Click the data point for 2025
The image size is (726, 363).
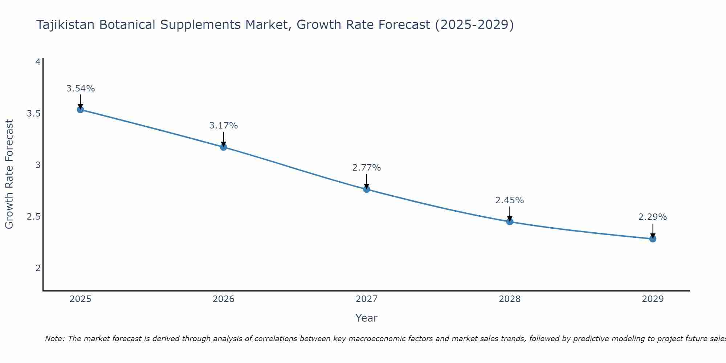80,110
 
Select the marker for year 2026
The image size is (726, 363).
223,147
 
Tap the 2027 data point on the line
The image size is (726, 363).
366,189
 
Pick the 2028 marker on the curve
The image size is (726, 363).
510,221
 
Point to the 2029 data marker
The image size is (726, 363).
653,238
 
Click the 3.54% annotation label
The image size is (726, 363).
81,89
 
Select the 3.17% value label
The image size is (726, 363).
223,126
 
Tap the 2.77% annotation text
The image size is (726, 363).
366,168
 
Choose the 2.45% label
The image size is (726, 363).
510,200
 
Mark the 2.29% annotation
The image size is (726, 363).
652,217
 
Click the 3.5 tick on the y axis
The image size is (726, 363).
33,114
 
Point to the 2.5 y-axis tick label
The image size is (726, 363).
33,217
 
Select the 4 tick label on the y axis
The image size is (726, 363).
37,62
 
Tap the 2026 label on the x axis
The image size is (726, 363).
223,299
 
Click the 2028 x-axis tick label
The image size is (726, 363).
510,299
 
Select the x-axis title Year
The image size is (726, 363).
366,318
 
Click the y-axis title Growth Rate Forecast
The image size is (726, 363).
9,174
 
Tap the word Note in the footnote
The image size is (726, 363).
54,339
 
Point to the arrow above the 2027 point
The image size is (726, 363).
366,181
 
